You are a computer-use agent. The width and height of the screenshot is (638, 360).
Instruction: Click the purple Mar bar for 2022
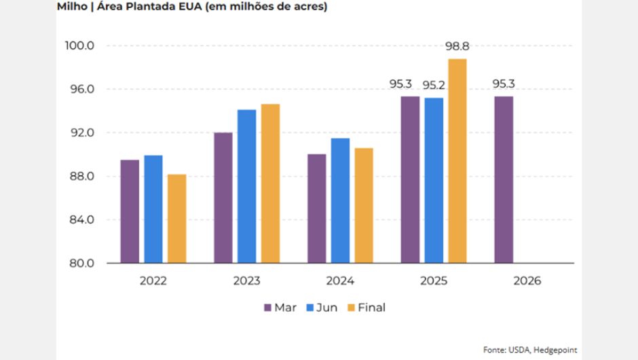pos(130,211)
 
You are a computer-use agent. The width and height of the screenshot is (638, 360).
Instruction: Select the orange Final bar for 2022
pos(176,219)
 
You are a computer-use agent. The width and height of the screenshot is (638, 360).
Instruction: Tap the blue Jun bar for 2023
pos(246,186)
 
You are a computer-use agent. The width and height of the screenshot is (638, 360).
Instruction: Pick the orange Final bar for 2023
pos(270,183)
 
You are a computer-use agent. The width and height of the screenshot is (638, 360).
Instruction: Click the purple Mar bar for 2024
pos(316,209)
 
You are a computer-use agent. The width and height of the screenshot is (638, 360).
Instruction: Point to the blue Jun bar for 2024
pos(340,200)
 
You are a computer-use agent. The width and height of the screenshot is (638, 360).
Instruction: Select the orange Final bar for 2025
pos(457,161)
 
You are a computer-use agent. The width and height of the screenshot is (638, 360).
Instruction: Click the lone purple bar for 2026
pos(503,179)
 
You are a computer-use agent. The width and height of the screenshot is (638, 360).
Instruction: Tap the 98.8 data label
pos(457,46)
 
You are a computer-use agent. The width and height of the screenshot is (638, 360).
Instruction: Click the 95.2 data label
pos(434,85)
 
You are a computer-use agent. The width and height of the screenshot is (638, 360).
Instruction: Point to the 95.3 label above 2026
pos(504,84)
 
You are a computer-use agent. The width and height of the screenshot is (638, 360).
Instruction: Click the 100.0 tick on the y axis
pos(80,46)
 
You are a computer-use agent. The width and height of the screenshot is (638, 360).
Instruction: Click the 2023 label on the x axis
pos(246,281)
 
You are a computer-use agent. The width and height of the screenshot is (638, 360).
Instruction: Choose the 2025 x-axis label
pos(433,281)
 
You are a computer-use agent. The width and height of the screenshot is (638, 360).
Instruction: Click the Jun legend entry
pos(322,308)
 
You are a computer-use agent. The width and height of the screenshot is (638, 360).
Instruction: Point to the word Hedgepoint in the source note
pos(556,350)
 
